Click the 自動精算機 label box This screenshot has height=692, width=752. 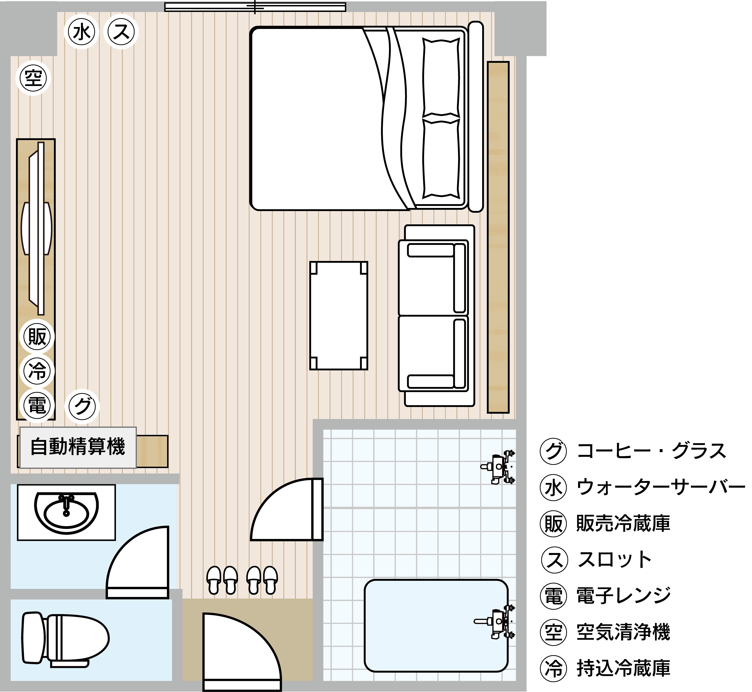pyautogui.click(x=78, y=447)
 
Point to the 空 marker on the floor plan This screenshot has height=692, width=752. pyautogui.click(x=33, y=78)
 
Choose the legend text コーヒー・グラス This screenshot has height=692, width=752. pyautogui.click(x=652, y=451)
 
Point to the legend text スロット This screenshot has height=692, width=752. pyautogui.click(x=615, y=560)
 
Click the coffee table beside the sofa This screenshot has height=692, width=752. pyautogui.click(x=338, y=316)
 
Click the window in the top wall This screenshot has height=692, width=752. pyautogui.click(x=255, y=7)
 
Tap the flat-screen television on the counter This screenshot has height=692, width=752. pyautogui.click(x=37, y=228)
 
